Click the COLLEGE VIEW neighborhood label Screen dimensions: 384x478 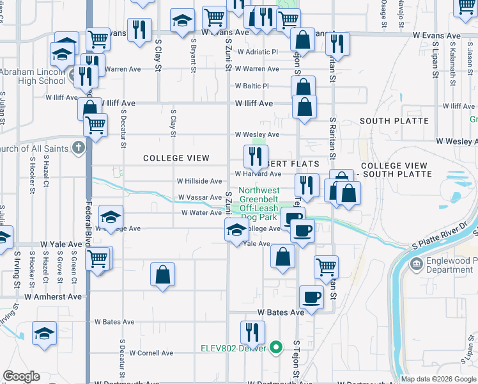tap(176, 158)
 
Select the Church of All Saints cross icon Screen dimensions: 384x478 tap(78, 149)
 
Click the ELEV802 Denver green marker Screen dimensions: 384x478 tap(276, 348)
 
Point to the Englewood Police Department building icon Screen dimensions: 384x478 tap(416, 264)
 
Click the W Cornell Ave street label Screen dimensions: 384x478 tap(151, 353)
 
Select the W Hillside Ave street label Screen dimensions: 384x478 tap(200, 181)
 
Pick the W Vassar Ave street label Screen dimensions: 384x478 tap(200, 198)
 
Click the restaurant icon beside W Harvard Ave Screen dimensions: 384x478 tap(256, 156)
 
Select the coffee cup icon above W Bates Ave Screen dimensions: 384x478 tap(312, 297)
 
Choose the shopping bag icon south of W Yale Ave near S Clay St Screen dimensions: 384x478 tap(163, 275)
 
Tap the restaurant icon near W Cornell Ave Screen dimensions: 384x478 tap(252, 332)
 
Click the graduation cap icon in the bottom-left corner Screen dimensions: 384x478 tap(44, 333)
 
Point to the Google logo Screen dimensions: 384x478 tap(21, 376)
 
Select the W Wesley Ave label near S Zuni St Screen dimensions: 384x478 tap(257, 135)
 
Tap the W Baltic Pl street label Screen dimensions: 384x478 tap(252, 86)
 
